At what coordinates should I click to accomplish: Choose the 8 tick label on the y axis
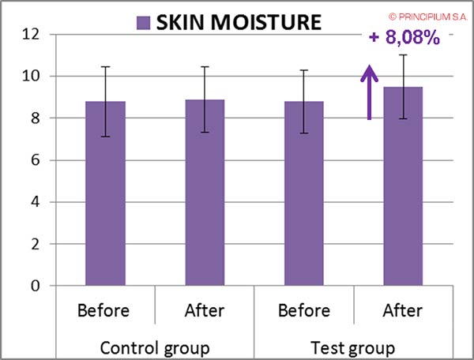[x=36, y=118]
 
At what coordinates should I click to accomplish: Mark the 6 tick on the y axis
[x=36, y=160]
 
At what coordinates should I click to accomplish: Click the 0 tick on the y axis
[x=36, y=286]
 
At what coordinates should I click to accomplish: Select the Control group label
[x=155, y=347]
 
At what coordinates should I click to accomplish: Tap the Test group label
[x=353, y=347]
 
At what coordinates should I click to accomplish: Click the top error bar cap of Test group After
[x=403, y=54]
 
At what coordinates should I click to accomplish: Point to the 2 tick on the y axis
[x=36, y=244]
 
